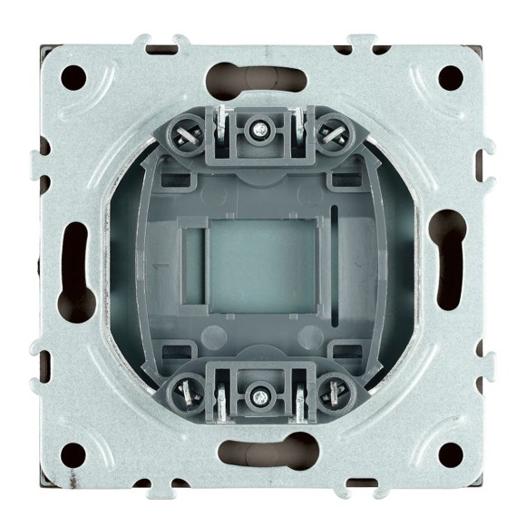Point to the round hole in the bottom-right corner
(x=449, y=451)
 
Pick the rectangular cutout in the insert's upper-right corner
(x=346, y=180)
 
